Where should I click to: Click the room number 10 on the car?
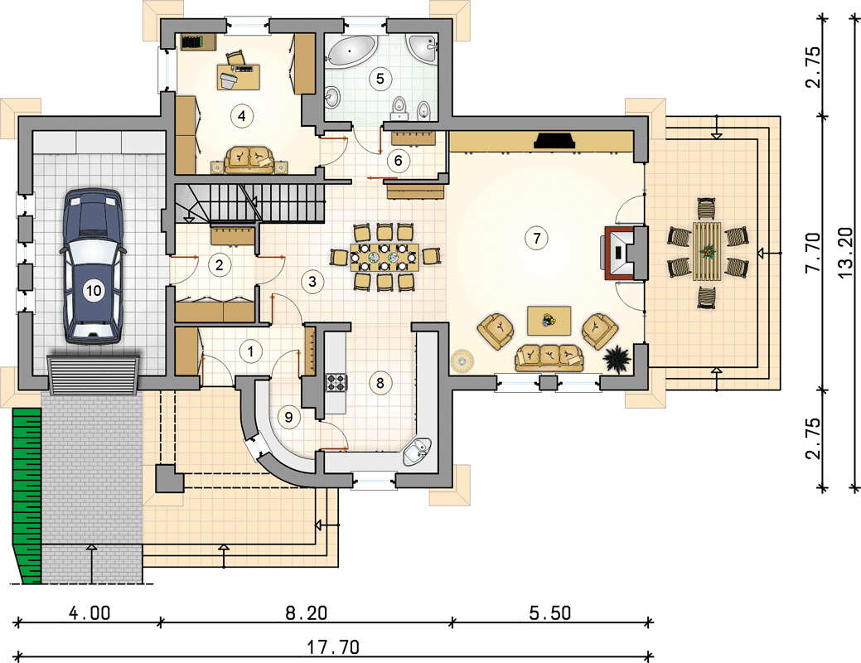[x=94, y=290]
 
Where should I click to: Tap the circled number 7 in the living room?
[x=536, y=238]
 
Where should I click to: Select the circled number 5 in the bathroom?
[x=380, y=79]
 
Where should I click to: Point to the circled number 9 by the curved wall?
[x=289, y=417]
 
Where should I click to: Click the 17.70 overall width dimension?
[x=333, y=647]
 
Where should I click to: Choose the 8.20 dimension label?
[x=306, y=612]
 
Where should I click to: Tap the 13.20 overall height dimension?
[x=846, y=254]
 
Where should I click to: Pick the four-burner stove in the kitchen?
[x=336, y=382]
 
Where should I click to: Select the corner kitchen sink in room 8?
[x=418, y=452]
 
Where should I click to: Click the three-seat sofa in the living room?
[x=549, y=357]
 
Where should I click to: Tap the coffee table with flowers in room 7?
[x=549, y=320]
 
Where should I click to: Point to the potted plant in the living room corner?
[x=618, y=359]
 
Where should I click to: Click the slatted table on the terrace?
[x=707, y=252]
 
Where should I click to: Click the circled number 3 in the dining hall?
[x=312, y=282]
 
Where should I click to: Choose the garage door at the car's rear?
[x=94, y=375]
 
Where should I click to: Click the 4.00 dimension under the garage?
[x=89, y=612]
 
